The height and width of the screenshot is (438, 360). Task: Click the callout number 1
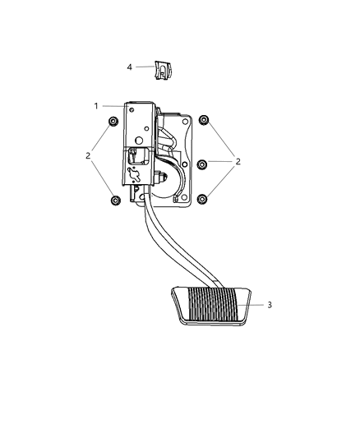97,106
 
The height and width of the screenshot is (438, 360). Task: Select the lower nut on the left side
114,200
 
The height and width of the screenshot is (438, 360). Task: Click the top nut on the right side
203,121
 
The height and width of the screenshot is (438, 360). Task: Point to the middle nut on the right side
202,163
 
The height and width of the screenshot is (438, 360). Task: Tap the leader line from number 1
113,106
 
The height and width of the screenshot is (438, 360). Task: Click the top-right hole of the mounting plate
187,121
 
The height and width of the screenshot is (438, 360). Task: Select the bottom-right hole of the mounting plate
185,197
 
